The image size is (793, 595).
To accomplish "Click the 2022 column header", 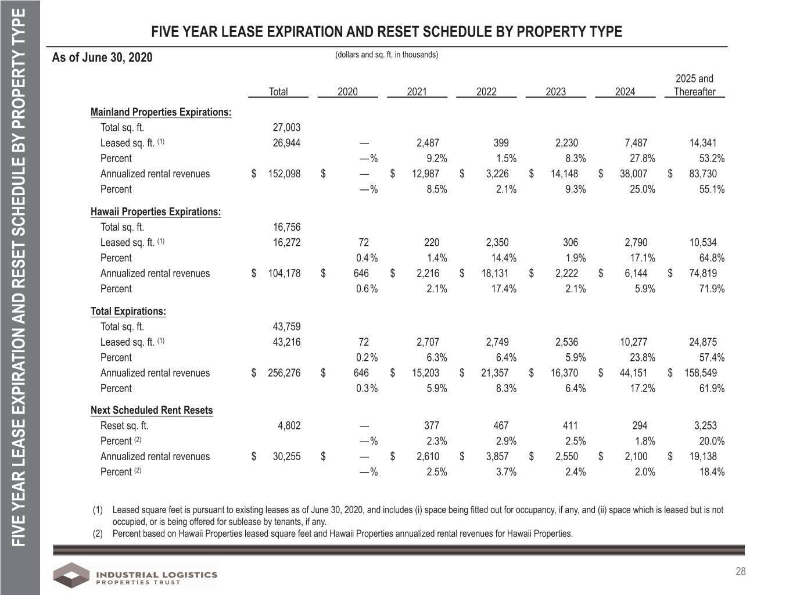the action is pos(486,92).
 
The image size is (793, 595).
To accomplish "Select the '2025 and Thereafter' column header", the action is pos(694,85).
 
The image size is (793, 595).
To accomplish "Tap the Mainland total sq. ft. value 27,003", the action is pos(286,127).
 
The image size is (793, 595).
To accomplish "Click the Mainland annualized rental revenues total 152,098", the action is pos(284,174).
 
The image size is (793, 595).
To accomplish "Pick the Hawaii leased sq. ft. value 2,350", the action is pos(497,242).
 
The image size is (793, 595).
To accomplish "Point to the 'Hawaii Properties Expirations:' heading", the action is pos(156,212).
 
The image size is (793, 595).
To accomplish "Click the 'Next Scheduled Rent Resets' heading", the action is pos(152,410).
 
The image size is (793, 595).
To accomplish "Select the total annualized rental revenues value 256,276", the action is pos(284,373).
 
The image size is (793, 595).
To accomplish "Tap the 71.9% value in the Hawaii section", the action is pos(712,289).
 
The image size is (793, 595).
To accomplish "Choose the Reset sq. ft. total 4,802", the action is pos(289,425).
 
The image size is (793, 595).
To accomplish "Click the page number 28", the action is pos(741,571).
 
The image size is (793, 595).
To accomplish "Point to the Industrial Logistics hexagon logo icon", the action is pos(71,575).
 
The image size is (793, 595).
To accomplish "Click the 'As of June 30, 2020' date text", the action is pos(102,58).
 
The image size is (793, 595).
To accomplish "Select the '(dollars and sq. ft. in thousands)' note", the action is pos(386,55).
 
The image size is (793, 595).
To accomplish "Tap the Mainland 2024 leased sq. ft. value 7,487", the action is pos(636,143).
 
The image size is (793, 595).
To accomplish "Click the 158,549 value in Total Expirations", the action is pos(701,373).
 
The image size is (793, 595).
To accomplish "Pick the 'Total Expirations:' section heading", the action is pos(128,311).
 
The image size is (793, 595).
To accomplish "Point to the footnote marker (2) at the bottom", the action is pos(98,533).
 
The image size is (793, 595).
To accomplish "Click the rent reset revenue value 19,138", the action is pos(703,457).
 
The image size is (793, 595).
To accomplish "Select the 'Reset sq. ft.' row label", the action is pos(124,426).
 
